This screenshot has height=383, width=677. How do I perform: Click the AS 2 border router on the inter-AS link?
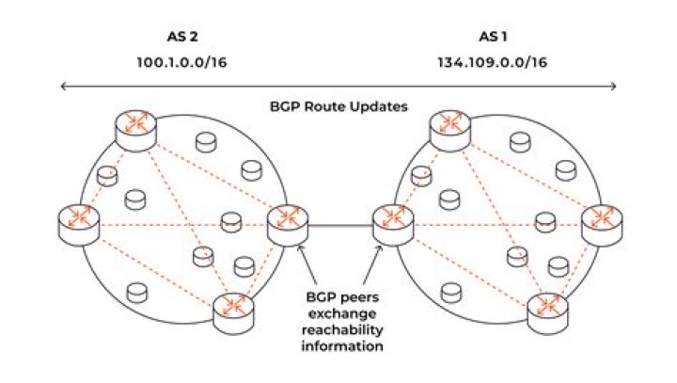[x=285, y=223]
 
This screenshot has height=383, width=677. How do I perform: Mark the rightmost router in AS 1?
[x=599, y=221]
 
